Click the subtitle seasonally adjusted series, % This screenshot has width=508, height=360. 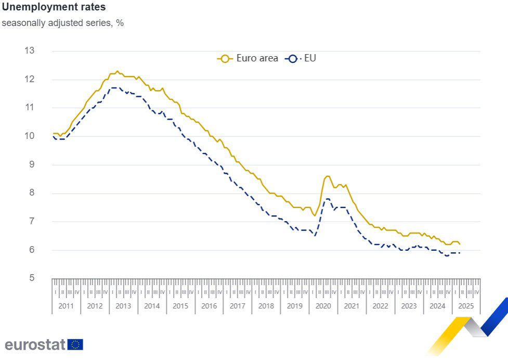point(62,23)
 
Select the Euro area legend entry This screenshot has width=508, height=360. point(248,58)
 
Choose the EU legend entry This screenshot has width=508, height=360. point(302,58)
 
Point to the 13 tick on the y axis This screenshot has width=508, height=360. point(29,50)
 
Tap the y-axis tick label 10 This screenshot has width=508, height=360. point(29,136)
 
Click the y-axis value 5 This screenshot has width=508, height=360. point(31,278)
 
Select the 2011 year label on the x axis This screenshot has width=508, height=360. point(66,306)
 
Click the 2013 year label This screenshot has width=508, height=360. point(123,306)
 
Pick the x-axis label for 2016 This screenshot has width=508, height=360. point(209,306)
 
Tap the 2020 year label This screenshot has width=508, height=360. point(323,306)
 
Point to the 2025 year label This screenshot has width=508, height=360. point(466,306)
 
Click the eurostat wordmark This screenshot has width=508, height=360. point(34,344)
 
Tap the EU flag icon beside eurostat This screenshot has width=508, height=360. point(75,344)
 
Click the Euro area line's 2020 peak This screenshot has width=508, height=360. point(327,176)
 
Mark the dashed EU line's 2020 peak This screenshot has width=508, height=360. point(328,199)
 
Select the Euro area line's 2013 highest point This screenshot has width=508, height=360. point(117,71)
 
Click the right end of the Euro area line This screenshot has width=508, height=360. point(460,244)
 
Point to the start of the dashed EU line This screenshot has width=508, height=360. point(53,136)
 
